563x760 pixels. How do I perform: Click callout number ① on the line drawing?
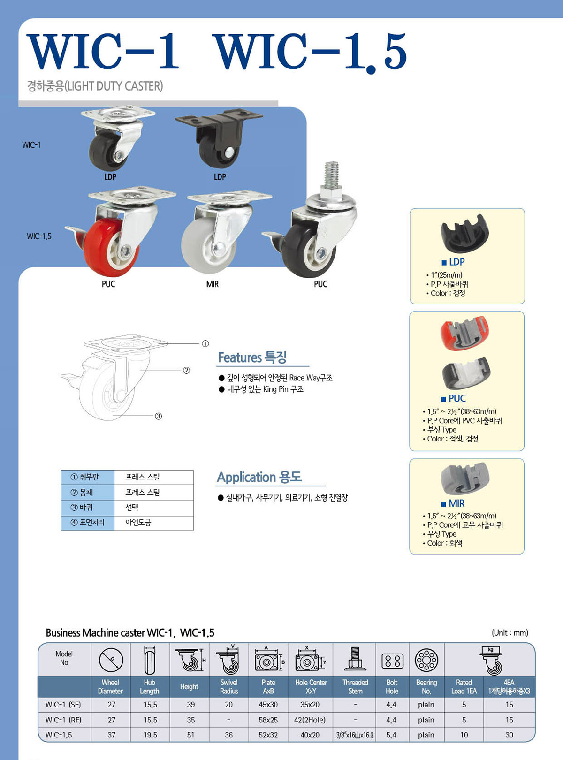click(205, 343)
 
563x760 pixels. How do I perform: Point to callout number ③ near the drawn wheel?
click(158, 416)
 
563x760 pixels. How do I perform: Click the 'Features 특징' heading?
click(252, 357)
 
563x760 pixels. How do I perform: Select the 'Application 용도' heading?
click(259, 477)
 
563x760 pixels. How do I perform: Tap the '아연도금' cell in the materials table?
click(138, 523)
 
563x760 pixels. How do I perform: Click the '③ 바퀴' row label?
click(82, 508)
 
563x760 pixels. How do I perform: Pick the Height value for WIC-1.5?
click(190, 735)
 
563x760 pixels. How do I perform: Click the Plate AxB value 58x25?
click(268, 720)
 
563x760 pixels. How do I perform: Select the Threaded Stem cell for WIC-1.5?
click(355, 735)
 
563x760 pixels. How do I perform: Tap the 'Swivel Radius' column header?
click(229, 687)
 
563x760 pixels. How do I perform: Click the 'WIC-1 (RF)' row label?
click(63, 720)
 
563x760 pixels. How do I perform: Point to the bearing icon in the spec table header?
click(426, 660)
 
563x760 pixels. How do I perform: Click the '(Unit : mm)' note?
click(510, 632)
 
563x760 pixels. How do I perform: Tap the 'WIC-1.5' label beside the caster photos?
click(39, 236)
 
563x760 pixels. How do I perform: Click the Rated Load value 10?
click(464, 735)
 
